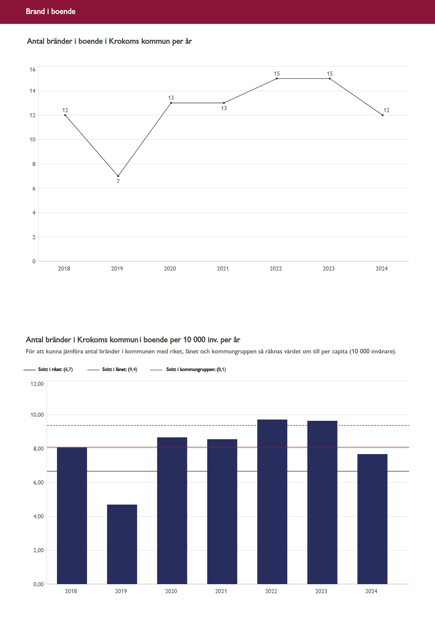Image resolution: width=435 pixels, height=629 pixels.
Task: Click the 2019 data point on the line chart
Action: point(118,176)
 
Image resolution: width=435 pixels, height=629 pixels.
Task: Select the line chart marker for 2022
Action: point(277,79)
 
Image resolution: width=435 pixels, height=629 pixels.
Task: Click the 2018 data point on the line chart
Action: point(65,115)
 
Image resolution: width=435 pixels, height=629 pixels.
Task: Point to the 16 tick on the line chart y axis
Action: point(32,69)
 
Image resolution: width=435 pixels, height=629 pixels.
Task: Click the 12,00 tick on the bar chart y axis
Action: point(37,384)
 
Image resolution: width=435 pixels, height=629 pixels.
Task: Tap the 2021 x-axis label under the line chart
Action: point(223,269)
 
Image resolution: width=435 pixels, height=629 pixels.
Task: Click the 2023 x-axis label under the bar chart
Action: point(321,591)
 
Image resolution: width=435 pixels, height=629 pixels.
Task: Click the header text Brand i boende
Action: point(51,11)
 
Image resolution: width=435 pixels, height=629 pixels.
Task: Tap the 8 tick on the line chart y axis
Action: point(34,164)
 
